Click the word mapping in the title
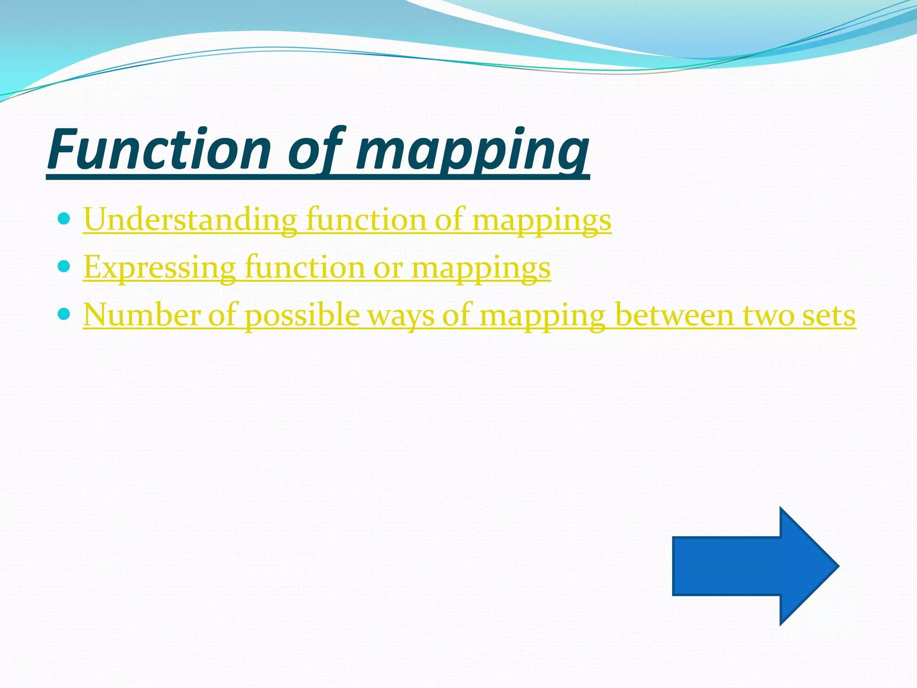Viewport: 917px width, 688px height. tap(472, 150)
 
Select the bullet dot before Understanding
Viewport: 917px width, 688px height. tap(64, 219)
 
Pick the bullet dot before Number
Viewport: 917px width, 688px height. tap(64, 314)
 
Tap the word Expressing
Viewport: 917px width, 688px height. tap(159, 267)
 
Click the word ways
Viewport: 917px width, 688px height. tap(401, 316)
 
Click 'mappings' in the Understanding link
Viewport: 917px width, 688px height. tap(541, 220)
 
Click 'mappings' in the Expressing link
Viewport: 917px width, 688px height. tap(480, 268)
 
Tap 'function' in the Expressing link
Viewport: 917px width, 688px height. tap(304, 267)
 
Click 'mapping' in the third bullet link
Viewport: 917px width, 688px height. tap(542, 316)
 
